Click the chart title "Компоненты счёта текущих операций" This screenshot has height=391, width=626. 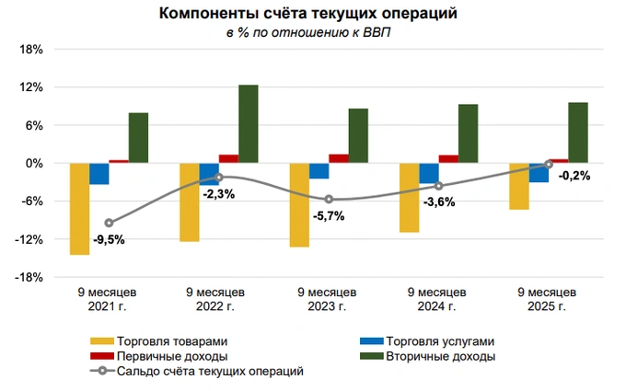pyautogui.click(x=307, y=15)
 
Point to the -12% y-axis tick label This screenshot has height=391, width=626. pyautogui.click(x=30, y=239)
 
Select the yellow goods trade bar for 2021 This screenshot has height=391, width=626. pyautogui.click(x=79, y=208)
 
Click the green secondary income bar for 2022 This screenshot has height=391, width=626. pyautogui.click(x=248, y=124)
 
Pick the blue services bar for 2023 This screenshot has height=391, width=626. pyautogui.click(x=319, y=170)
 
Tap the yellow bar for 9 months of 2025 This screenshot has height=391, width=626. pyautogui.click(x=518, y=186)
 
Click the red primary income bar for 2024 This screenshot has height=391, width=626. pyautogui.click(x=448, y=158)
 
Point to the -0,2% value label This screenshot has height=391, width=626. pyautogui.click(x=574, y=176)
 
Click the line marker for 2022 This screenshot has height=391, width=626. pyautogui.click(x=218, y=177)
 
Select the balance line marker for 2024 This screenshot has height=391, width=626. pyautogui.click(x=438, y=186)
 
